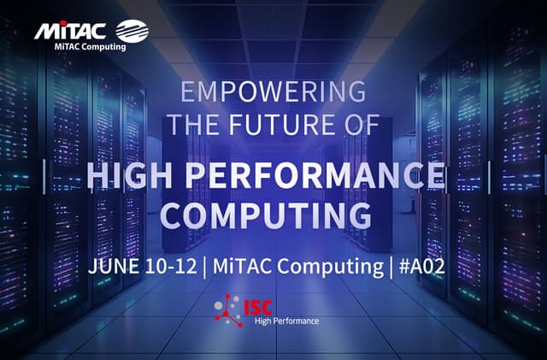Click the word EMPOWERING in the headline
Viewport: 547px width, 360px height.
(x=273, y=91)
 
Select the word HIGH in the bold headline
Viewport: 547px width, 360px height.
(x=126, y=176)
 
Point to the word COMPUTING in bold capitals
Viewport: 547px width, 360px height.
(x=273, y=214)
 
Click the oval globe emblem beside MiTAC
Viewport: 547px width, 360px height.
(x=130, y=31)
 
